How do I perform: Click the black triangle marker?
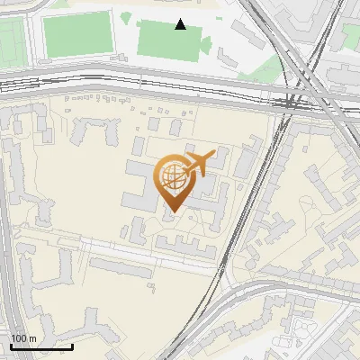[x=181, y=24]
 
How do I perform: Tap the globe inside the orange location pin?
[x=171, y=175]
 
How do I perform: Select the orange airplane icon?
[x=199, y=163]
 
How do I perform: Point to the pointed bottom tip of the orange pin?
[x=171, y=211]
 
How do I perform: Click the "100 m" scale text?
[x=23, y=338]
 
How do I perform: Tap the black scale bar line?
[x=41, y=346]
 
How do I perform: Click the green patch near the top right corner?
[x=350, y=36]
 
